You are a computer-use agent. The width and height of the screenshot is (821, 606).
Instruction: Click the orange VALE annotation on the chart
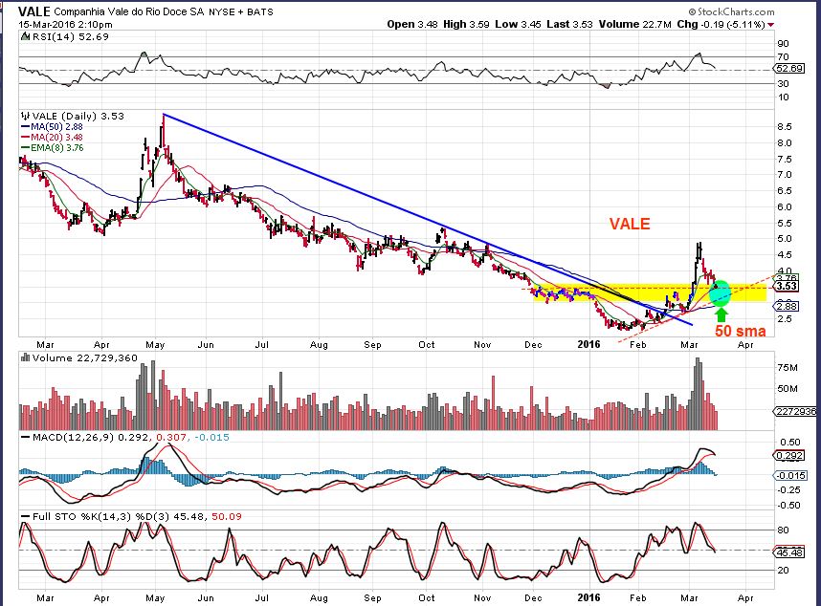point(630,224)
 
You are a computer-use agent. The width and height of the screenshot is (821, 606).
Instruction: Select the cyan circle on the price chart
point(720,291)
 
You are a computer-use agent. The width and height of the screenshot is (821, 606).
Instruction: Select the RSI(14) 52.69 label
point(44,37)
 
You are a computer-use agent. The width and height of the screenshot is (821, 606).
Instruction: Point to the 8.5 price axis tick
point(784,126)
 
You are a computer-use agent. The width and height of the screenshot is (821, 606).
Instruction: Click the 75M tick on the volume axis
point(786,367)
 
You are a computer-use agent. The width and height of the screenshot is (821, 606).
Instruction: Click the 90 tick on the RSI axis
point(782,43)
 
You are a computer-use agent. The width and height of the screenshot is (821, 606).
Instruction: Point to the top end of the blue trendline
point(165,114)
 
